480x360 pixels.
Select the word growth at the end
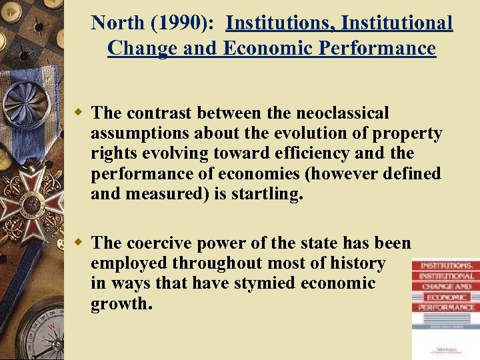(121, 304)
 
